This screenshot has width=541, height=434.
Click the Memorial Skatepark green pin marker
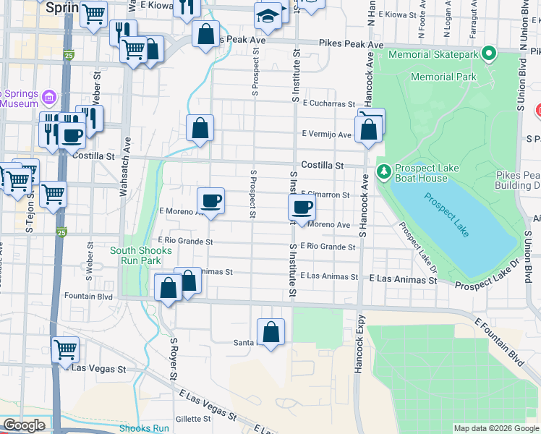[x=489, y=54]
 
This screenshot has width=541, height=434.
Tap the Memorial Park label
[x=443, y=77]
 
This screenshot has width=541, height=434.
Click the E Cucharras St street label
[x=329, y=104]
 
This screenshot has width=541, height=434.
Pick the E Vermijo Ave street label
[x=326, y=135]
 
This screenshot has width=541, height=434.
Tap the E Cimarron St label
[x=327, y=195]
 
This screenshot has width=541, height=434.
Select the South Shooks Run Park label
[x=141, y=255]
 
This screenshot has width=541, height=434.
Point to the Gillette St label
[x=192, y=419]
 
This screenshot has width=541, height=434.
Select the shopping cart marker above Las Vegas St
[x=66, y=350]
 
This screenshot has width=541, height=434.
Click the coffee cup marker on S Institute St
[x=302, y=208]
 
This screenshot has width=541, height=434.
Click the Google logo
[x=24, y=425]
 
